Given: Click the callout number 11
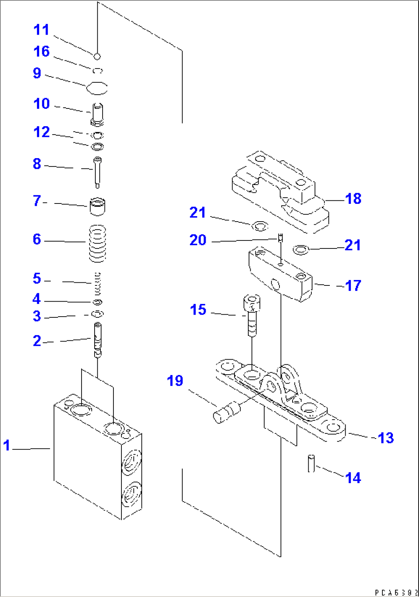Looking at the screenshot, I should pyautogui.click(x=42, y=30).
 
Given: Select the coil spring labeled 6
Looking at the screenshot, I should pyautogui.click(x=97, y=243).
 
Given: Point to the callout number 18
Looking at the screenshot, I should pyautogui.click(x=353, y=198).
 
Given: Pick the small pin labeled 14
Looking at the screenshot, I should pyautogui.click(x=311, y=463).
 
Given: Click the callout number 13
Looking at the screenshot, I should pyautogui.click(x=386, y=438).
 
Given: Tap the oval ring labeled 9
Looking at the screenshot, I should pyautogui.click(x=96, y=88).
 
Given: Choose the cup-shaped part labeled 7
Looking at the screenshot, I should pyautogui.click(x=97, y=206).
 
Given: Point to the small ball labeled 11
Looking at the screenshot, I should pyautogui.click(x=97, y=57).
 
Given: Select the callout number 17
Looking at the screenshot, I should pyautogui.click(x=353, y=285).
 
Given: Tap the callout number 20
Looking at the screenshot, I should pyautogui.click(x=198, y=240).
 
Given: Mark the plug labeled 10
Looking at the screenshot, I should pyautogui.click(x=97, y=113).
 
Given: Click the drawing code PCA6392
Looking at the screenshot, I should pyautogui.click(x=396, y=593).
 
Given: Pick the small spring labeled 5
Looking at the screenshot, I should pyautogui.click(x=97, y=284).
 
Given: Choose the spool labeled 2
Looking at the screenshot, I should pyautogui.click(x=98, y=339).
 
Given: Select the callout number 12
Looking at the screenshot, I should pyautogui.click(x=42, y=132).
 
